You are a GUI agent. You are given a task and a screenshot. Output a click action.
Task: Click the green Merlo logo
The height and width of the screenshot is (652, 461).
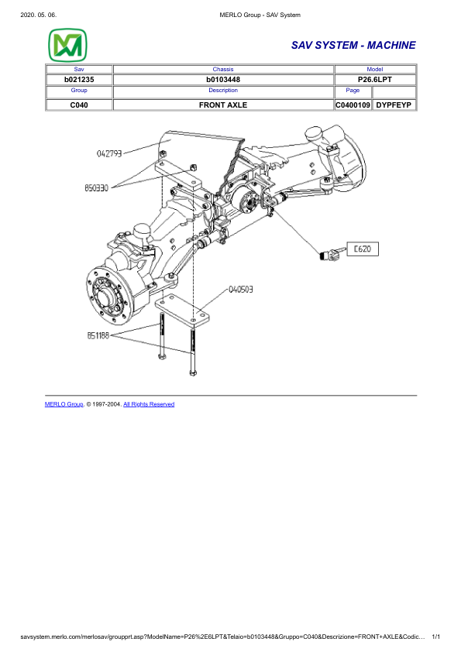(x=67, y=46)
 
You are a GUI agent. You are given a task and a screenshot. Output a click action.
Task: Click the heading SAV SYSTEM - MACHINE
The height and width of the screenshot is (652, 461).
(x=353, y=46)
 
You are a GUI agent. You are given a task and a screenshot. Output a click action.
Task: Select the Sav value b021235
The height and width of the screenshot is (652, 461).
(x=79, y=80)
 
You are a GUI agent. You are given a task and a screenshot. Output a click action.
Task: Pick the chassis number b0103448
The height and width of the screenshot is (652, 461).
(x=222, y=80)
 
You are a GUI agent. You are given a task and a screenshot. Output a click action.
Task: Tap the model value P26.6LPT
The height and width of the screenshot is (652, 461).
(x=374, y=80)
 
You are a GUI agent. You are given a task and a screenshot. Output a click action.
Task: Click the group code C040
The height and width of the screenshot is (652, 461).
(x=79, y=104)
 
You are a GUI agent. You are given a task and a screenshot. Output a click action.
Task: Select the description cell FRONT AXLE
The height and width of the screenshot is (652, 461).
(x=222, y=104)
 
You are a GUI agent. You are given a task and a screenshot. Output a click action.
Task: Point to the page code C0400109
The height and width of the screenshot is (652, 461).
(x=353, y=104)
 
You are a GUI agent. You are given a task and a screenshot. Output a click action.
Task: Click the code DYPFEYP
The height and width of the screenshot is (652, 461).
(x=394, y=104)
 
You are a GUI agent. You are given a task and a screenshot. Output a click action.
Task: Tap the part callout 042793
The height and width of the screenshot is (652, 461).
(x=109, y=153)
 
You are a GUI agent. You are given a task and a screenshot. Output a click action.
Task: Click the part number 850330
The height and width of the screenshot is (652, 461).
(x=97, y=187)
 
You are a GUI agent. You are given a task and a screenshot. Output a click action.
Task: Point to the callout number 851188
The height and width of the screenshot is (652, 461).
(x=98, y=336)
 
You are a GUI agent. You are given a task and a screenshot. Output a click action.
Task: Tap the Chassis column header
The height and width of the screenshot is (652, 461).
(x=222, y=69)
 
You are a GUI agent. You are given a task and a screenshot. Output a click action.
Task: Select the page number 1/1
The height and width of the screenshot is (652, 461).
(x=435, y=637)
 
